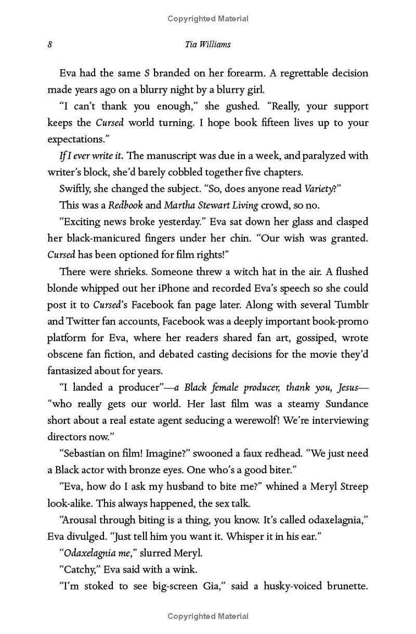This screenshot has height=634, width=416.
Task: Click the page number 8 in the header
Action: (50, 44)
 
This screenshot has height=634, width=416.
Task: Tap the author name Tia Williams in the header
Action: (207, 44)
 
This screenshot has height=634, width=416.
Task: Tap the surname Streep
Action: (350, 487)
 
